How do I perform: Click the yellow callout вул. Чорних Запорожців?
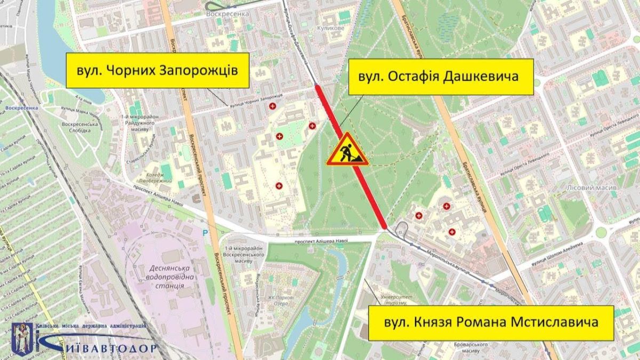pyautogui.click(x=157, y=70)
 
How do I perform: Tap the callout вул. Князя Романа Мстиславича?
pyautogui.click(x=491, y=323)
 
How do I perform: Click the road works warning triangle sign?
pyautogui.click(x=347, y=150)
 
